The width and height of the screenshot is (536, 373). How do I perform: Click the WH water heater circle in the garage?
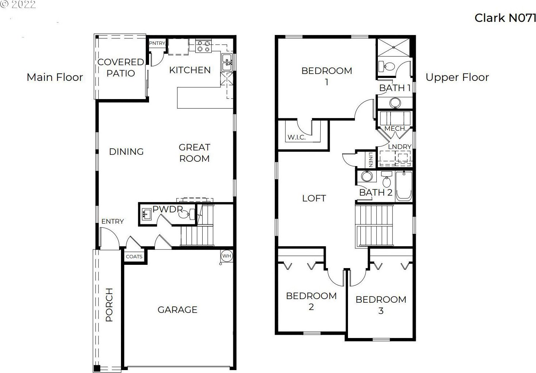pyautogui.click(x=226, y=256)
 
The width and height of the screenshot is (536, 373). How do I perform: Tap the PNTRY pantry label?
pyautogui.click(x=157, y=43)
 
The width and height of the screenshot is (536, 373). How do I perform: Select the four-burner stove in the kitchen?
pyautogui.click(x=204, y=46)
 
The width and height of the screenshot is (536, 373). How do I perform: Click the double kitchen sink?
pyautogui.click(x=227, y=62)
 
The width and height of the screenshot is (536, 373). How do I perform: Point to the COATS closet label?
pyautogui.click(x=134, y=256)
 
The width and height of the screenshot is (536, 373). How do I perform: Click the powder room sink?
pyautogui.click(x=146, y=214)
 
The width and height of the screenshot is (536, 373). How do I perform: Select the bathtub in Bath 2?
pyautogui.click(x=404, y=186)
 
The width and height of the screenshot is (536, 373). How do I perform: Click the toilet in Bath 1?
pyautogui.click(x=386, y=66)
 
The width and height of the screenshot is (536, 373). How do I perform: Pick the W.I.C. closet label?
pyautogui.click(x=297, y=137)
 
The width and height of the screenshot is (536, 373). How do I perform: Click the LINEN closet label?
pyautogui.click(x=371, y=160)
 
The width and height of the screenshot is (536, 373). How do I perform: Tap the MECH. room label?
pyautogui.click(x=395, y=129)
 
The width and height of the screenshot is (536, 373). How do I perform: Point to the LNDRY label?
pyautogui.click(x=400, y=147)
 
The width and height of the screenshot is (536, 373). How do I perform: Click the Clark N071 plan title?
pyautogui.click(x=505, y=18)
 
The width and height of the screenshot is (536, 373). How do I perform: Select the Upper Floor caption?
pyautogui.click(x=457, y=77)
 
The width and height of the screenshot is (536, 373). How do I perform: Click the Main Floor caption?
pyautogui.click(x=55, y=77)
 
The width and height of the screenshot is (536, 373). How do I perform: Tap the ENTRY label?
pyautogui.click(x=113, y=221)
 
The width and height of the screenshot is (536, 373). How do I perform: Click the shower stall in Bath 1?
pyautogui.click(x=394, y=48)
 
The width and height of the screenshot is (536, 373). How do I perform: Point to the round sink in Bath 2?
pyautogui.click(x=367, y=177)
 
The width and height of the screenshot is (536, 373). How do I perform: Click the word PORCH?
pyautogui.click(x=109, y=305)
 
